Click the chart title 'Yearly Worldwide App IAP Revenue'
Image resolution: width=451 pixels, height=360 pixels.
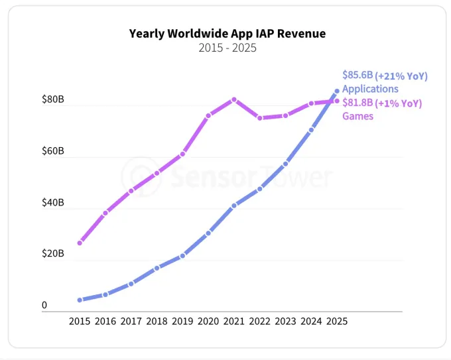tap(227, 33)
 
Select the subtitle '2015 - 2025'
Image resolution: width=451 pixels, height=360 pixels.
tap(227, 48)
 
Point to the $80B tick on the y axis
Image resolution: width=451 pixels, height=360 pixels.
tap(53, 100)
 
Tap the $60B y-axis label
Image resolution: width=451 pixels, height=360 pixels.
tap(53, 152)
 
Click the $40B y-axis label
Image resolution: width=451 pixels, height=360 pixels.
tap(53, 203)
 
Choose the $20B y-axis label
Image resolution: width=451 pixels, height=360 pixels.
tap(53, 254)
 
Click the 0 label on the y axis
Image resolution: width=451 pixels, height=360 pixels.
tap(44, 306)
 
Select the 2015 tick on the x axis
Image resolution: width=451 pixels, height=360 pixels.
tap(80, 321)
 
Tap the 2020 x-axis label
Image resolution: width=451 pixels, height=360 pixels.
tap(208, 321)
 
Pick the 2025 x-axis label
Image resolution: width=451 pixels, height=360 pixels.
tap(336, 321)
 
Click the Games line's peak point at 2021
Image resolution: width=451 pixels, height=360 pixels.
tap(234, 99)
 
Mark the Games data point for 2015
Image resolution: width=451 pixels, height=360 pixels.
tap(80, 243)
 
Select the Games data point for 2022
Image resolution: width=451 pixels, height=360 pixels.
tap(260, 118)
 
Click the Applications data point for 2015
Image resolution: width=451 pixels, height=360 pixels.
tap(80, 300)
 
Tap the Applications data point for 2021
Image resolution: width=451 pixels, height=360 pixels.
tap(234, 206)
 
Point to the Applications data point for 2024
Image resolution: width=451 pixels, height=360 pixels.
tap(311, 130)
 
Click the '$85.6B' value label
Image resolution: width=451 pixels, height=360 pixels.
tap(357, 76)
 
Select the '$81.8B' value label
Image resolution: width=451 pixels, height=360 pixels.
tap(357, 103)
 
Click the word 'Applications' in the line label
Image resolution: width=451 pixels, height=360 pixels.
tap(370, 89)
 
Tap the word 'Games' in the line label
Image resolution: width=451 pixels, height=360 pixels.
tap(357, 116)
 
